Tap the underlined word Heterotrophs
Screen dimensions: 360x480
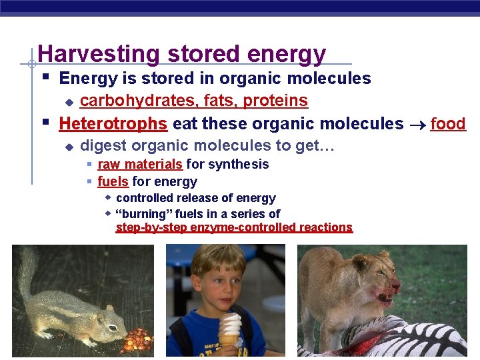(113, 123)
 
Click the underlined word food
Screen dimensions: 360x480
(448, 123)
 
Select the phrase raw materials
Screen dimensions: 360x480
(140, 164)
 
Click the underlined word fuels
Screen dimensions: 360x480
(113, 181)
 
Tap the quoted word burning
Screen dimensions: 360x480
(150, 214)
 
